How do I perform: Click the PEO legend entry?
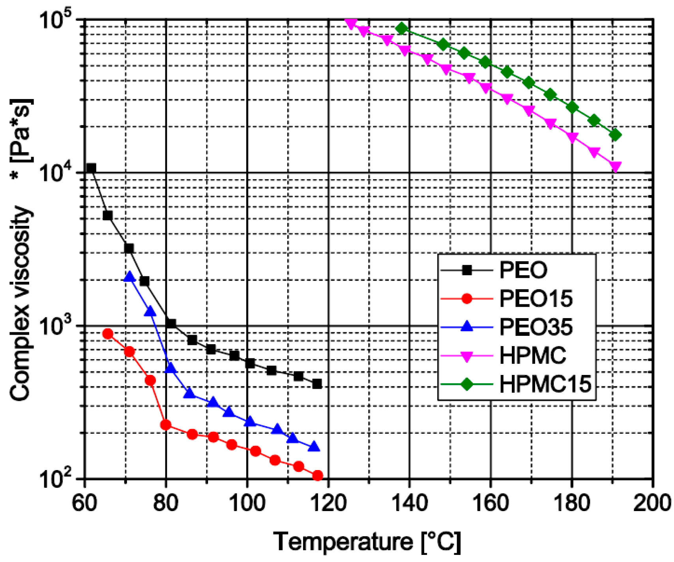(x=523, y=270)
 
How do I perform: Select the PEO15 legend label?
(x=535, y=299)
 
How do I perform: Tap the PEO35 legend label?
(x=535, y=327)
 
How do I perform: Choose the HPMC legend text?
(x=532, y=356)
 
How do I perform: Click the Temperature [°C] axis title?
(x=367, y=542)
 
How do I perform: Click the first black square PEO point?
(x=91, y=168)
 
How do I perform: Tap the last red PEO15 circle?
(x=317, y=476)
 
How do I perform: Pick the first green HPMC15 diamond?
(x=402, y=28)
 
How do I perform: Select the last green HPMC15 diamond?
(x=615, y=135)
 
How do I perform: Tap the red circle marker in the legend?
(x=467, y=299)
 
